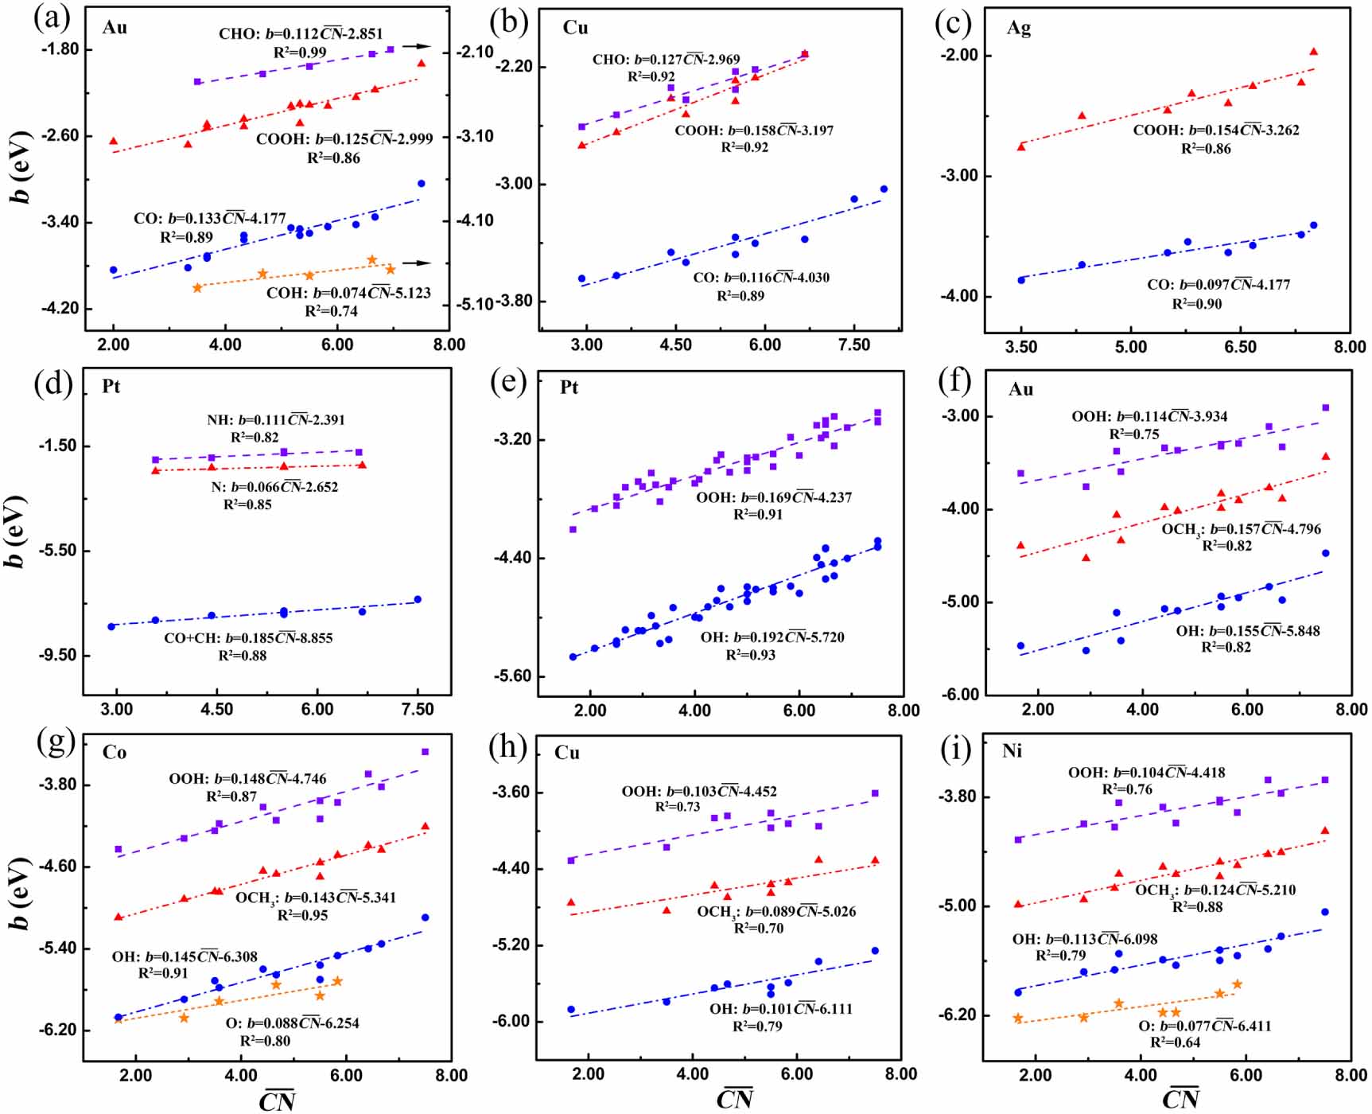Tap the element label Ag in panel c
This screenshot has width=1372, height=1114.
coord(1019,28)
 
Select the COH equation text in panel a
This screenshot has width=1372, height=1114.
coord(348,293)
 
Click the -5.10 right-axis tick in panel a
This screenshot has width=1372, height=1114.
coord(475,305)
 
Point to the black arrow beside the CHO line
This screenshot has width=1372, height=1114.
coord(416,47)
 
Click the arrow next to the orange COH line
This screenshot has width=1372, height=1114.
coord(416,263)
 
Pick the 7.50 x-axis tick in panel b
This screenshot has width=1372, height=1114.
coord(854,345)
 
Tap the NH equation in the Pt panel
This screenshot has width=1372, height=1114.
coord(276,420)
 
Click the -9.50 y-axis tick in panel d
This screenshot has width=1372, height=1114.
coord(57,656)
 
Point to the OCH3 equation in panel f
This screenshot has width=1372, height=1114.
coord(1241,529)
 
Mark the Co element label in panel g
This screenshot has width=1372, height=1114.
coord(115,753)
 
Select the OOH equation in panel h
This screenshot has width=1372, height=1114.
coord(699,792)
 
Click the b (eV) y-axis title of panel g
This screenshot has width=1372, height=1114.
coord(20,894)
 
